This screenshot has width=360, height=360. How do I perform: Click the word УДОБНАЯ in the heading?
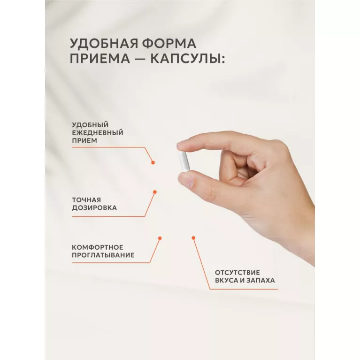coord(104,43)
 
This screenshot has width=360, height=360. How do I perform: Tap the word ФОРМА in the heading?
coord(169,43)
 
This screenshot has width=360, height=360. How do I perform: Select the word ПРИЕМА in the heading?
coord(100,58)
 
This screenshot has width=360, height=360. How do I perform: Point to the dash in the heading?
coord(140,58)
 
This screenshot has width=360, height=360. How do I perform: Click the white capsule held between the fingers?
coord(184,161)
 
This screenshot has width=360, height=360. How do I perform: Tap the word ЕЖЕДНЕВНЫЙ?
coord(98,133)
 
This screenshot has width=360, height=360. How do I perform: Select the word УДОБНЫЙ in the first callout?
coord(90,125)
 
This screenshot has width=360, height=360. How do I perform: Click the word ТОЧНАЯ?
coord(86,200)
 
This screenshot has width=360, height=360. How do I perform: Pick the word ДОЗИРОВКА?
coord(94,208)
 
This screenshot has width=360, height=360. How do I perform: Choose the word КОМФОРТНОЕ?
coord(98,247)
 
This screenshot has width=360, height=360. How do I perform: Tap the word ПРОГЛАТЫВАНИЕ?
coord(103,255)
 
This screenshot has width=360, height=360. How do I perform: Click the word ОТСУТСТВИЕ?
coord(237,273)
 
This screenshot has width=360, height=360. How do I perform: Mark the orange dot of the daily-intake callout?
coord(153,162)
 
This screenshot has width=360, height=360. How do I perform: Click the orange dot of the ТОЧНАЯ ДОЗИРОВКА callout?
coord(155,192)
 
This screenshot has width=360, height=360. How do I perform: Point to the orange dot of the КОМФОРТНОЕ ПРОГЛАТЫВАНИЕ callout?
coord(160,238)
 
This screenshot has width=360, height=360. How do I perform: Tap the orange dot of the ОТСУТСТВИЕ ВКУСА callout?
coord(193,238)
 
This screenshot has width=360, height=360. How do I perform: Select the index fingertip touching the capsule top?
coord(183,146)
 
